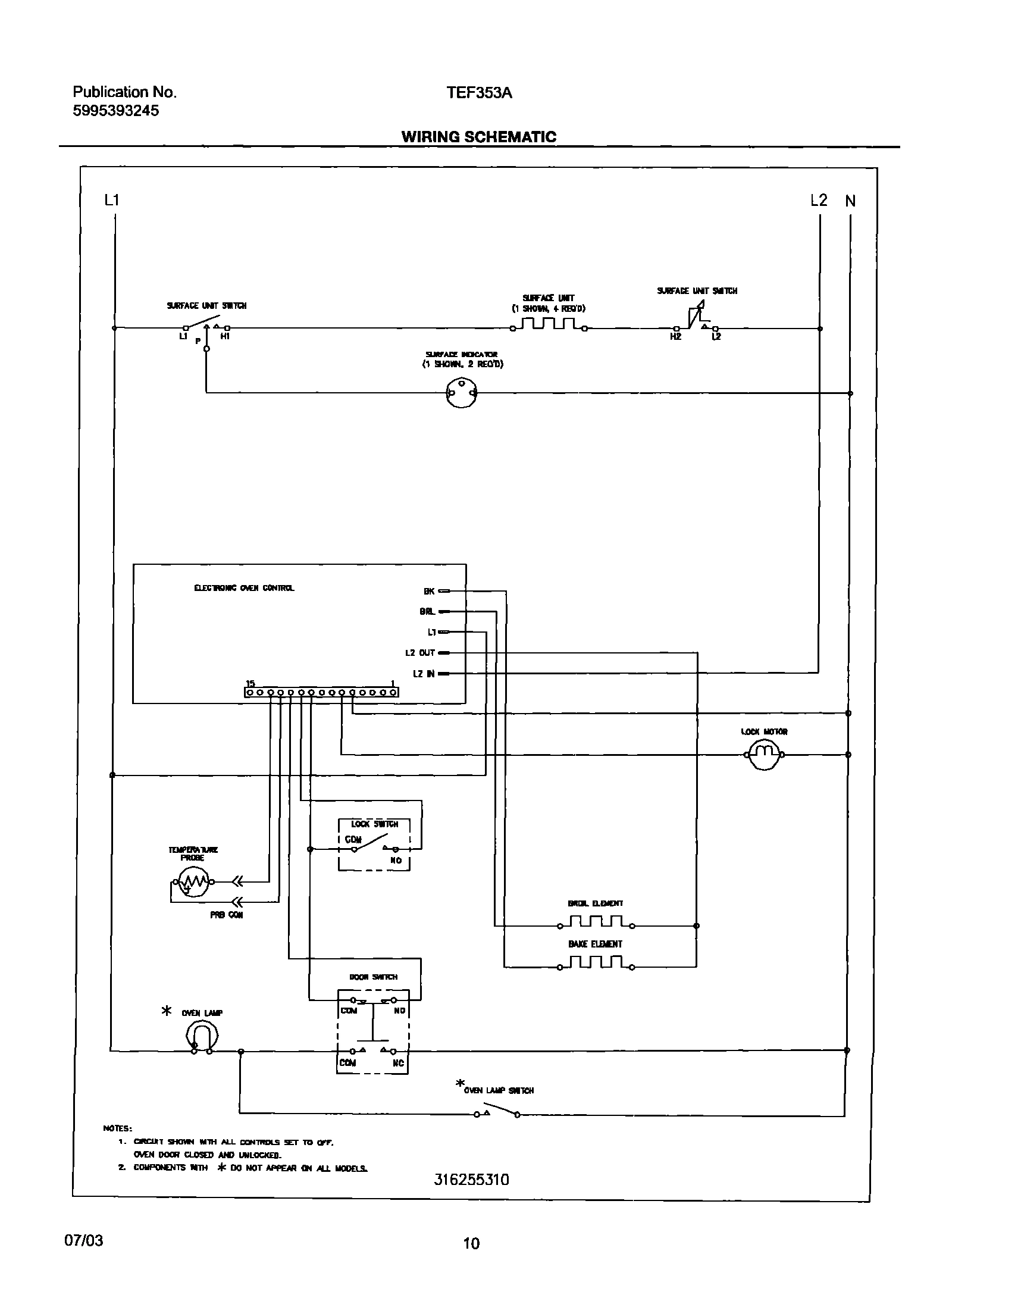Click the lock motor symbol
click(x=763, y=755)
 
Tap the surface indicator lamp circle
click(x=462, y=393)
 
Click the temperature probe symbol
click(x=191, y=881)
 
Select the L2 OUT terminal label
click(x=419, y=653)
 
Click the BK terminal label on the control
click(x=428, y=592)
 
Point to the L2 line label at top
click(x=818, y=201)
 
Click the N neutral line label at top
click(x=850, y=202)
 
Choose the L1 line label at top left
click(x=112, y=201)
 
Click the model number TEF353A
click(x=479, y=93)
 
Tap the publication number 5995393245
click(x=116, y=111)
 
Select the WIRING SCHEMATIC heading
click(x=479, y=137)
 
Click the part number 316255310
click(x=471, y=1180)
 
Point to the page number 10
click(x=471, y=1244)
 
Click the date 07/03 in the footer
click(x=84, y=1241)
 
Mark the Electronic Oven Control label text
click(x=244, y=589)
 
